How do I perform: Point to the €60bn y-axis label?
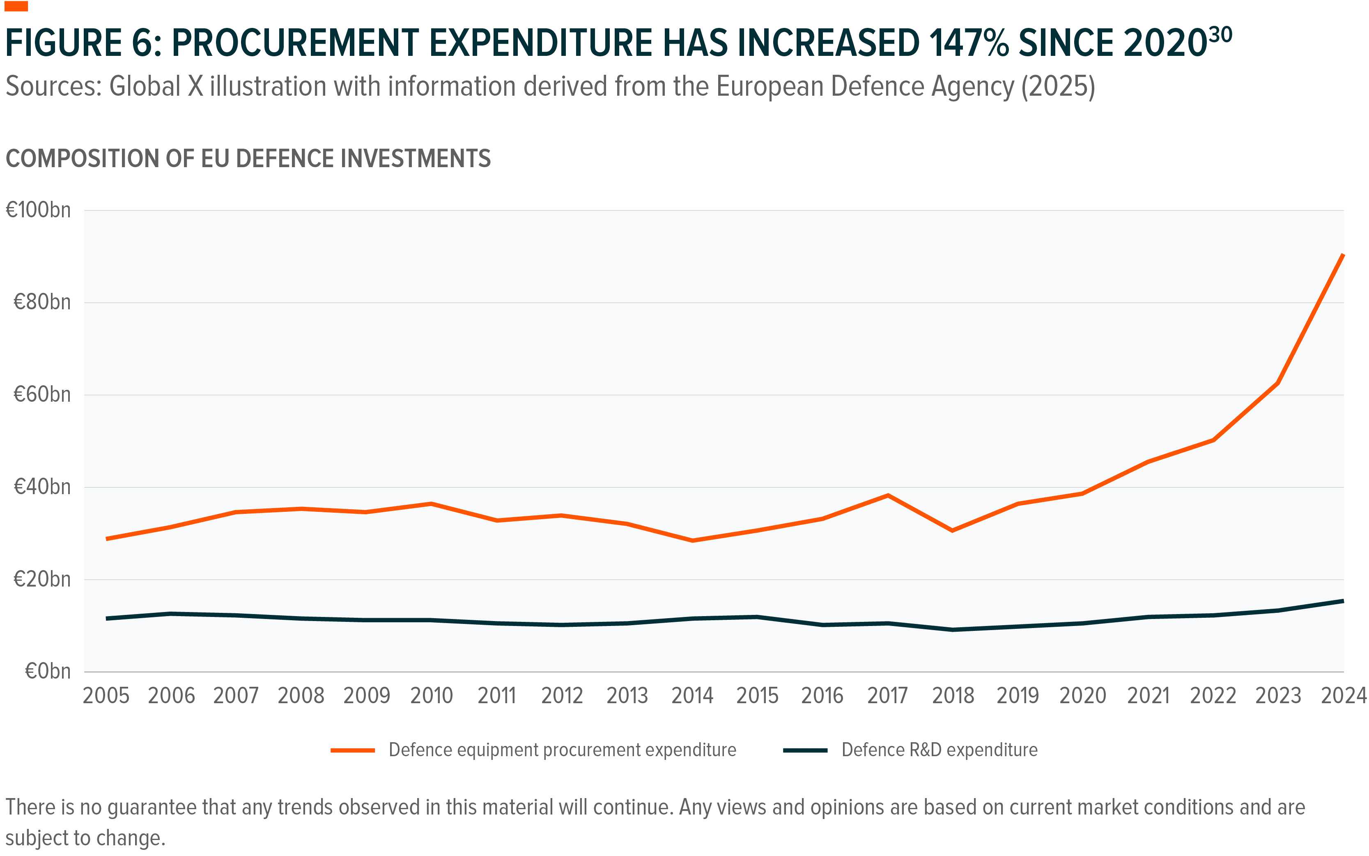click(x=42, y=395)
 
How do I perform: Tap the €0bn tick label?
click(x=48, y=672)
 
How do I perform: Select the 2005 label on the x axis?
click(x=106, y=696)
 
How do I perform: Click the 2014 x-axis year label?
click(x=692, y=696)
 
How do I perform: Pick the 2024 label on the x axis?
click(x=1343, y=696)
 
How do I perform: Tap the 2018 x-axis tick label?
click(x=953, y=696)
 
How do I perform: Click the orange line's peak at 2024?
click(x=1342, y=256)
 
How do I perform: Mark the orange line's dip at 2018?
click(x=953, y=530)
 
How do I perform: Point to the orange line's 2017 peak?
click(x=887, y=495)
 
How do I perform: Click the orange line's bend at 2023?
click(x=1278, y=383)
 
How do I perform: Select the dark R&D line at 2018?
click(x=953, y=630)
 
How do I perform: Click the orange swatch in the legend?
click(x=353, y=750)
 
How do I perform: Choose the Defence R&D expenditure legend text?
click(x=939, y=750)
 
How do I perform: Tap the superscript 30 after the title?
click(x=1220, y=35)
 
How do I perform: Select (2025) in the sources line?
click(x=1058, y=87)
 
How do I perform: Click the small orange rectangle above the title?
click(x=16, y=6)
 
